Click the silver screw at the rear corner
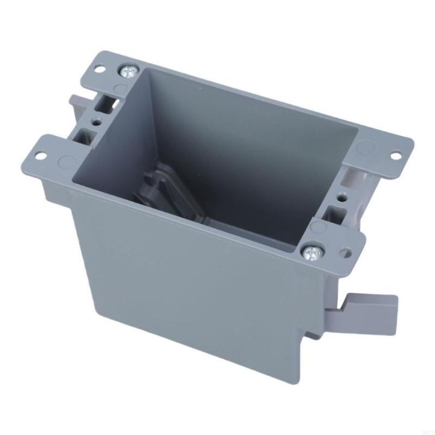[129, 72]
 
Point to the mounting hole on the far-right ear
[395, 155]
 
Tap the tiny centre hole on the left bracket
[96, 121]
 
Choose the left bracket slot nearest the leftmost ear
[83, 134]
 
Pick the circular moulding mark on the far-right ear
[366, 147]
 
